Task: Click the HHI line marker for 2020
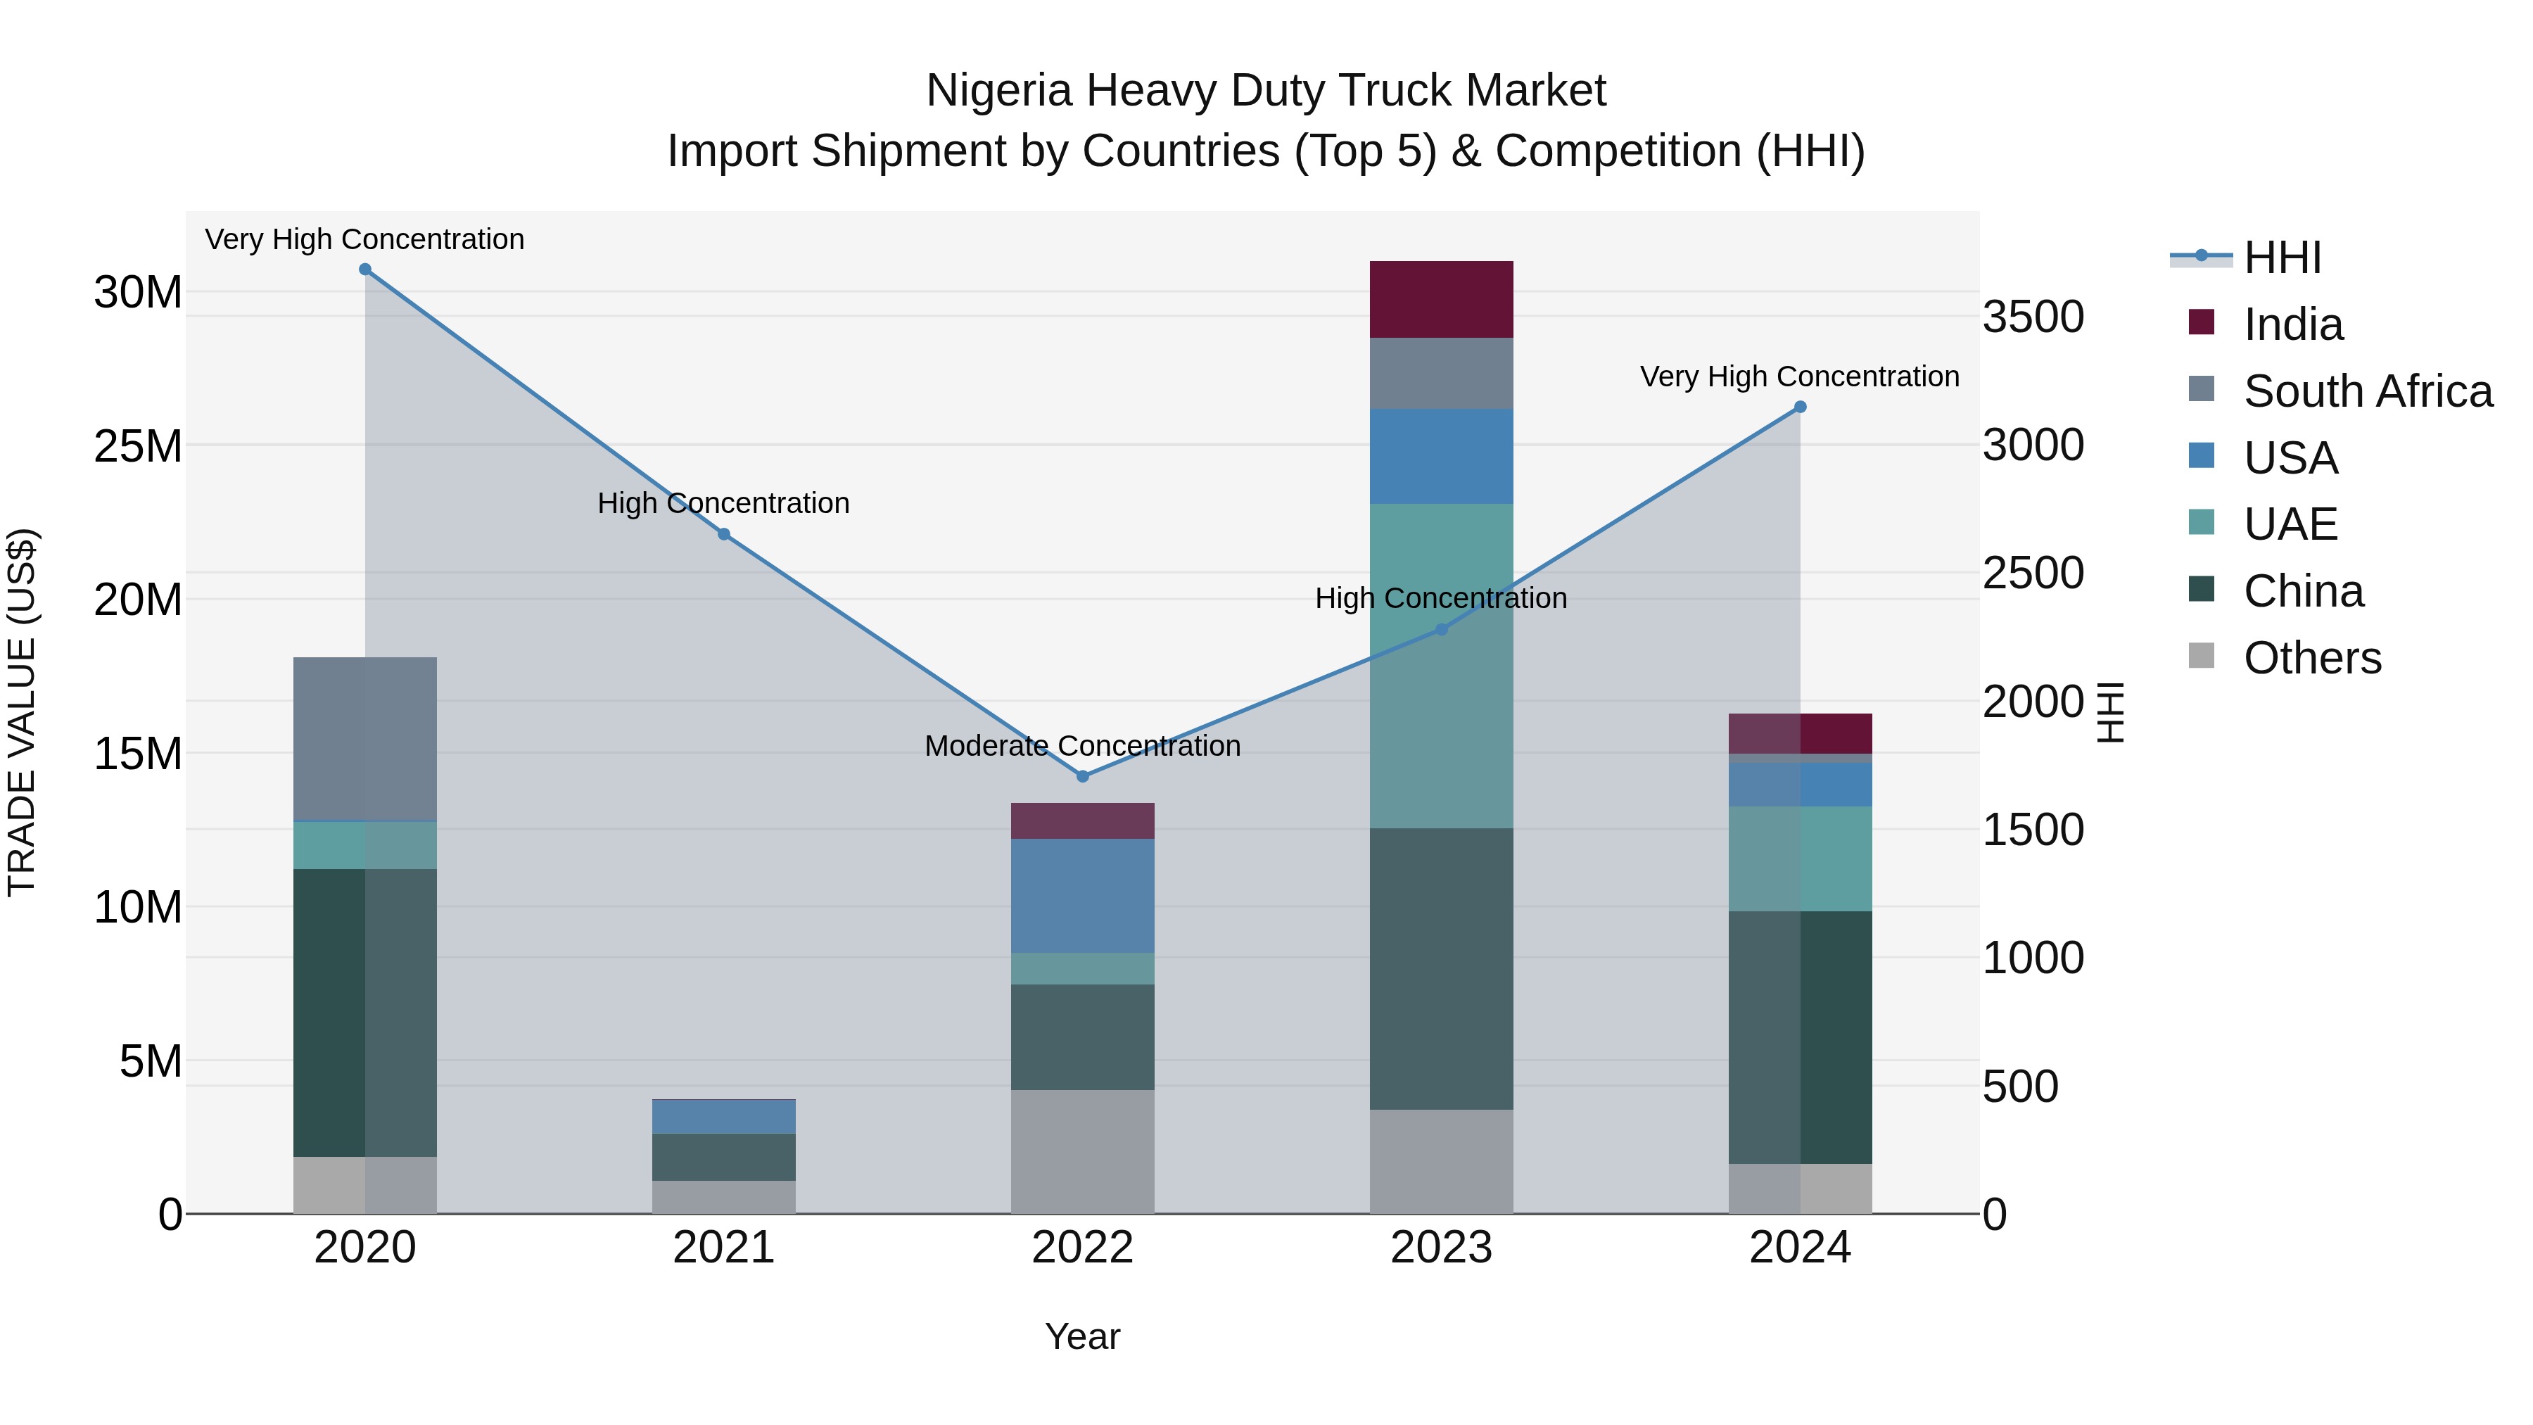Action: coord(364,270)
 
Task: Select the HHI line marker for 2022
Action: coord(1083,776)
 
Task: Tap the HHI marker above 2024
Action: coord(1799,407)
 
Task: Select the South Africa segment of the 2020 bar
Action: coord(364,739)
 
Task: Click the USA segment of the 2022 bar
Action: coord(1083,895)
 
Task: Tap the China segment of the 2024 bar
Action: coord(1799,1037)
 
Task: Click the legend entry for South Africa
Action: coord(2368,391)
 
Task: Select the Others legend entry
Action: coord(2312,658)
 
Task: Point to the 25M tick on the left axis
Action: coord(138,446)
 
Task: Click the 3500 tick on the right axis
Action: coord(2033,317)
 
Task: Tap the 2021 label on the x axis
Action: coord(724,1248)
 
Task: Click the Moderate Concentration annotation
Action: coord(1083,745)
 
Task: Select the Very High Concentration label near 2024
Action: coord(1799,376)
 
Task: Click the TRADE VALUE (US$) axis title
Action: coord(22,712)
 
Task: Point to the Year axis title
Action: coord(1083,1336)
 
